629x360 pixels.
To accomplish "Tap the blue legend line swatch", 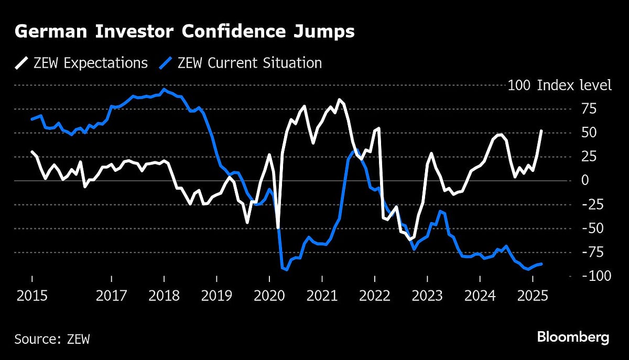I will [x=167, y=63].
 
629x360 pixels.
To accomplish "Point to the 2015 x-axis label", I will [x=32, y=297].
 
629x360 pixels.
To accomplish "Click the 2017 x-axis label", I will [x=111, y=297].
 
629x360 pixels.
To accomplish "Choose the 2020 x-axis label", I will [x=269, y=297].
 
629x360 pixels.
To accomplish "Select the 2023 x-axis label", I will [x=427, y=297].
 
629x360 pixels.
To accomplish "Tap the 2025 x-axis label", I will [x=532, y=297].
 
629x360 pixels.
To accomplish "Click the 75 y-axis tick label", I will [x=589, y=109].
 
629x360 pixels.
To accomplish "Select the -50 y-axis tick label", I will [x=591, y=228].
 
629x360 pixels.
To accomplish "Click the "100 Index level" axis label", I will [x=559, y=85].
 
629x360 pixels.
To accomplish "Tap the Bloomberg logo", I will [x=573, y=337].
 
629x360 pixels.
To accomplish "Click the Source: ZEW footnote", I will [x=52, y=339].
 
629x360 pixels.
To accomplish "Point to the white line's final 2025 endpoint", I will [x=541, y=131].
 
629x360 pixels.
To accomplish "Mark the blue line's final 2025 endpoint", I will [x=541, y=264].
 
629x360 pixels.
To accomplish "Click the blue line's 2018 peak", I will [x=164, y=89].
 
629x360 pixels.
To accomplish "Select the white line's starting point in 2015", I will [x=32, y=152].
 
